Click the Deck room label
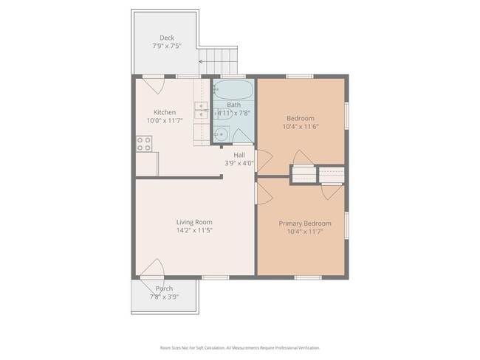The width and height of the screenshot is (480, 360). [x=166, y=38]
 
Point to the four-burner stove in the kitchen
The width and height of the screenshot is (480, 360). [x=144, y=144]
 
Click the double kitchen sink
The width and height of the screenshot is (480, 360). [x=201, y=111]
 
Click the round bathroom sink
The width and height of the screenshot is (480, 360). [x=220, y=135]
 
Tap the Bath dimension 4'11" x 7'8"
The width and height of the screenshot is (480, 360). [x=233, y=114]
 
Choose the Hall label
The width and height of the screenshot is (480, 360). [x=239, y=155]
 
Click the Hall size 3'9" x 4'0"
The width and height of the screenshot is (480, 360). [x=239, y=163]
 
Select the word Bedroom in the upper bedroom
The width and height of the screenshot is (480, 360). [x=301, y=118]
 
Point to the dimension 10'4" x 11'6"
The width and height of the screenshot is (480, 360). [x=301, y=127]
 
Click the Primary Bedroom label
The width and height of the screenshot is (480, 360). [x=305, y=224]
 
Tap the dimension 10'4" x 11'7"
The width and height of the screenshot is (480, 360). [x=305, y=232]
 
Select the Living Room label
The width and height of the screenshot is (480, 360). [x=194, y=222]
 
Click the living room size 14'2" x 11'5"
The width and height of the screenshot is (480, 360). [x=194, y=231]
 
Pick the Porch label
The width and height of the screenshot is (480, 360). [x=164, y=288]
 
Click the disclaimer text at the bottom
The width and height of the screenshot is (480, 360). [x=239, y=347]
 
